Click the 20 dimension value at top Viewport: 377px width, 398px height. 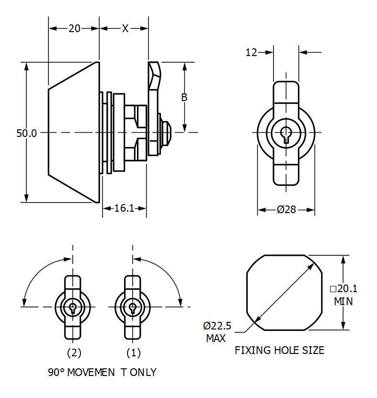pyautogui.click(x=74, y=28)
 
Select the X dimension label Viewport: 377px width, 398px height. pyautogui.click(x=125, y=28)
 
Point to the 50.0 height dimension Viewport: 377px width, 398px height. pyautogui.click(x=26, y=134)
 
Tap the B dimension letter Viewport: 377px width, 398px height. pyautogui.click(x=184, y=97)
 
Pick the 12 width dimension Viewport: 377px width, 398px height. pyautogui.click(x=251, y=52)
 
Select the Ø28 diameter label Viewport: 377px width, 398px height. pyautogui.click(x=286, y=210)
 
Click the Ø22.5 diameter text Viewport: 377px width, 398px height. pyautogui.click(x=217, y=326)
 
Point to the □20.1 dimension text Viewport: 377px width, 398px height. pyautogui.click(x=343, y=288)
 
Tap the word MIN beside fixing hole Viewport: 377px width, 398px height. pyautogui.click(x=343, y=301)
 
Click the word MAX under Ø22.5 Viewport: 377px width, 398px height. pyautogui.click(x=216, y=339)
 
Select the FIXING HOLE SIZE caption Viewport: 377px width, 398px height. pyautogui.click(x=279, y=351)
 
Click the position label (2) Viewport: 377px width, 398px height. pyautogui.click(x=73, y=353)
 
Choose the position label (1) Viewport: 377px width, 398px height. pyautogui.click(x=133, y=353)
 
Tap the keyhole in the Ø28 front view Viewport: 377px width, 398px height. pyautogui.click(x=286, y=134)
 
